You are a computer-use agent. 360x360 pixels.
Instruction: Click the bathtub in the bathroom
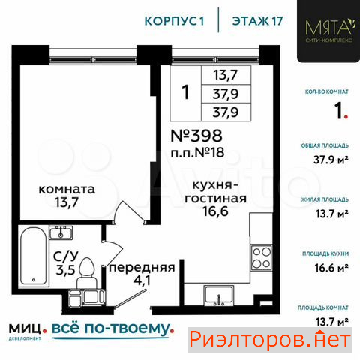pos(34,256)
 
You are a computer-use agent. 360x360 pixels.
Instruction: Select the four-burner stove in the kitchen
pos(262,257)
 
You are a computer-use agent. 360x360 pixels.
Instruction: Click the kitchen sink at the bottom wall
pos(219,295)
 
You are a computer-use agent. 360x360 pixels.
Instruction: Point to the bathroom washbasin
pos(61,232)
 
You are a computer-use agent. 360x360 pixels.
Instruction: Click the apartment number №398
pos(196,136)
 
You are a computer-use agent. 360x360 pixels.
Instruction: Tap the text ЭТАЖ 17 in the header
pos(257,21)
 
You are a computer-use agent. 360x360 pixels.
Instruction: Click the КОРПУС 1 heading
pos(175,21)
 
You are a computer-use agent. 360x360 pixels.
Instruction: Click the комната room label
pos(67,190)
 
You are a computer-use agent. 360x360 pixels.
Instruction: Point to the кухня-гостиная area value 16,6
pos(215,211)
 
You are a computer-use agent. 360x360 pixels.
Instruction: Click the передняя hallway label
pos(142,268)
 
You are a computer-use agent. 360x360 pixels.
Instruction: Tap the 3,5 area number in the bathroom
pos(65,270)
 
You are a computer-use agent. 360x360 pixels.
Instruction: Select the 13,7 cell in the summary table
pos(226,75)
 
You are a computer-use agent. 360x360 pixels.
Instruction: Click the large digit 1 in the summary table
pos(186,92)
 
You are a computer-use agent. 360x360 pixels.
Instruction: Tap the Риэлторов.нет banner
pos(270,340)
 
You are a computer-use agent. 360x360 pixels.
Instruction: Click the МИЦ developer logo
pos(28,331)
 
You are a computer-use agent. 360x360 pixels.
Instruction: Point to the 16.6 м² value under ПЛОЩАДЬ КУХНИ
pos(331,268)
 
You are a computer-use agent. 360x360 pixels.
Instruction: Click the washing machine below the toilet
pos(93,296)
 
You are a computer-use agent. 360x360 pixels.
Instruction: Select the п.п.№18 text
pos(197,152)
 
